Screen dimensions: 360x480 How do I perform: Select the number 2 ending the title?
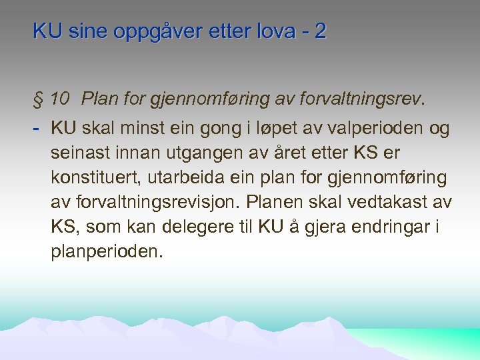click(x=322, y=32)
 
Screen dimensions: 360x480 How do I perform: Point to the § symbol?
click(x=37, y=100)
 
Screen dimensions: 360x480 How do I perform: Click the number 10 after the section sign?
click(x=59, y=100)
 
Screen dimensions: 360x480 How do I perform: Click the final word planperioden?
click(x=106, y=251)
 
